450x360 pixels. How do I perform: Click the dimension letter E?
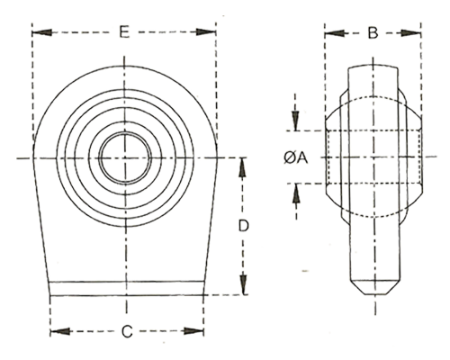click(124, 31)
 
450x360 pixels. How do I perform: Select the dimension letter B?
click(373, 32)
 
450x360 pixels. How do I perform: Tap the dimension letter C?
click(127, 331)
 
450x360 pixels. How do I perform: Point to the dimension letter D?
click(244, 226)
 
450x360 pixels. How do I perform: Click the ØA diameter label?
click(296, 157)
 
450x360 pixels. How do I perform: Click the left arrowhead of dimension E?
click(41, 32)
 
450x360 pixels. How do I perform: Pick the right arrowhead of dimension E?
click(206, 32)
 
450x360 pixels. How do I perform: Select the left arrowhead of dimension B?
click(334, 33)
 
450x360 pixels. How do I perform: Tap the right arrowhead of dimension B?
click(411, 33)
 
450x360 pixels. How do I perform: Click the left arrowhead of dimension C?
click(60, 331)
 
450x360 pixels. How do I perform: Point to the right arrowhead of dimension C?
click(193, 331)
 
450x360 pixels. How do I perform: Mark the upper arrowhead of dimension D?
click(243, 167)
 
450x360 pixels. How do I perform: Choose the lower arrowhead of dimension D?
click(243, 284)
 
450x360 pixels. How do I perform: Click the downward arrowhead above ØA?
click(296, 121)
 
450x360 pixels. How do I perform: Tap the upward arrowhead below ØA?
click(296, 193)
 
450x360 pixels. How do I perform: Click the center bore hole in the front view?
click(125, 157)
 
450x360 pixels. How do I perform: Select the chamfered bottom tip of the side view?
click(375, 287)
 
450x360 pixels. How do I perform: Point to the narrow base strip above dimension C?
click(126, 288)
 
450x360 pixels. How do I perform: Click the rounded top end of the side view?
click(373, 67)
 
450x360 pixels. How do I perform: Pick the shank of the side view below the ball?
click(375, 252)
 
